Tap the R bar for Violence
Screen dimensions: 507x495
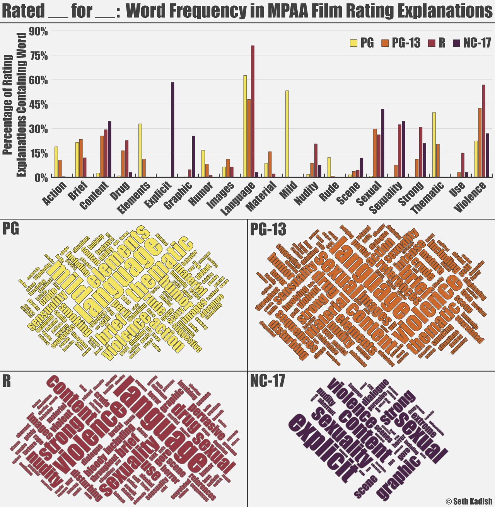(483, 131)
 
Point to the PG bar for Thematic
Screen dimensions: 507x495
(434, 145)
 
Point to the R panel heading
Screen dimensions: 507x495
(7, 381)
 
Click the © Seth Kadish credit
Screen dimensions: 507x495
(469, 501)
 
